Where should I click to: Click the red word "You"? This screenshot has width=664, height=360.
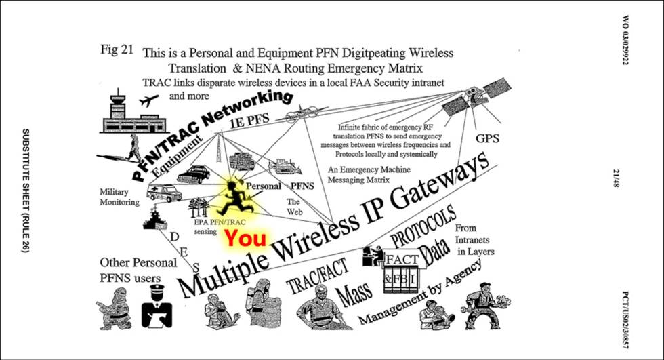point(245,238)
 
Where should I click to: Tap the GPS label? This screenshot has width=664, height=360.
point(487,138)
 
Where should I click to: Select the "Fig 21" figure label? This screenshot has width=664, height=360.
point(117,49)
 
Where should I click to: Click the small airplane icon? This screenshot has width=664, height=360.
point(148,100)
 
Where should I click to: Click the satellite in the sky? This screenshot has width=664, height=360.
point(476,98)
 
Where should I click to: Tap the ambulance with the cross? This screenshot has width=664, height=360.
point(164,193)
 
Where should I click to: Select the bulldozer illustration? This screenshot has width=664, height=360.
point(285,167)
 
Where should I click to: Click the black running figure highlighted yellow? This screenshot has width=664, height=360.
point(234,198)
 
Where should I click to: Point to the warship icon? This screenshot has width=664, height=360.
point(154,218)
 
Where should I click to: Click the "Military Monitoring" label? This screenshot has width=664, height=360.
point(119,197)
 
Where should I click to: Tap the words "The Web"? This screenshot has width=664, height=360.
point(293,207)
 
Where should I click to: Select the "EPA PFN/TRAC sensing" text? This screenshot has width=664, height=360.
point(220,226)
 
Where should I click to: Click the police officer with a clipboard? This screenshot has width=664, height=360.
point(157,306)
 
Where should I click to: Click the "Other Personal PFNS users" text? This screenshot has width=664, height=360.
point(138,271)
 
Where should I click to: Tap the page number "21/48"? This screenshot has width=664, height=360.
point(617,178)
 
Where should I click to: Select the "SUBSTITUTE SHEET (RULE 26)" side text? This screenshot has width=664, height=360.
point(26,191)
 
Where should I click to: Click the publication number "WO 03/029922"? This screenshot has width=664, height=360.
point(625,40)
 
